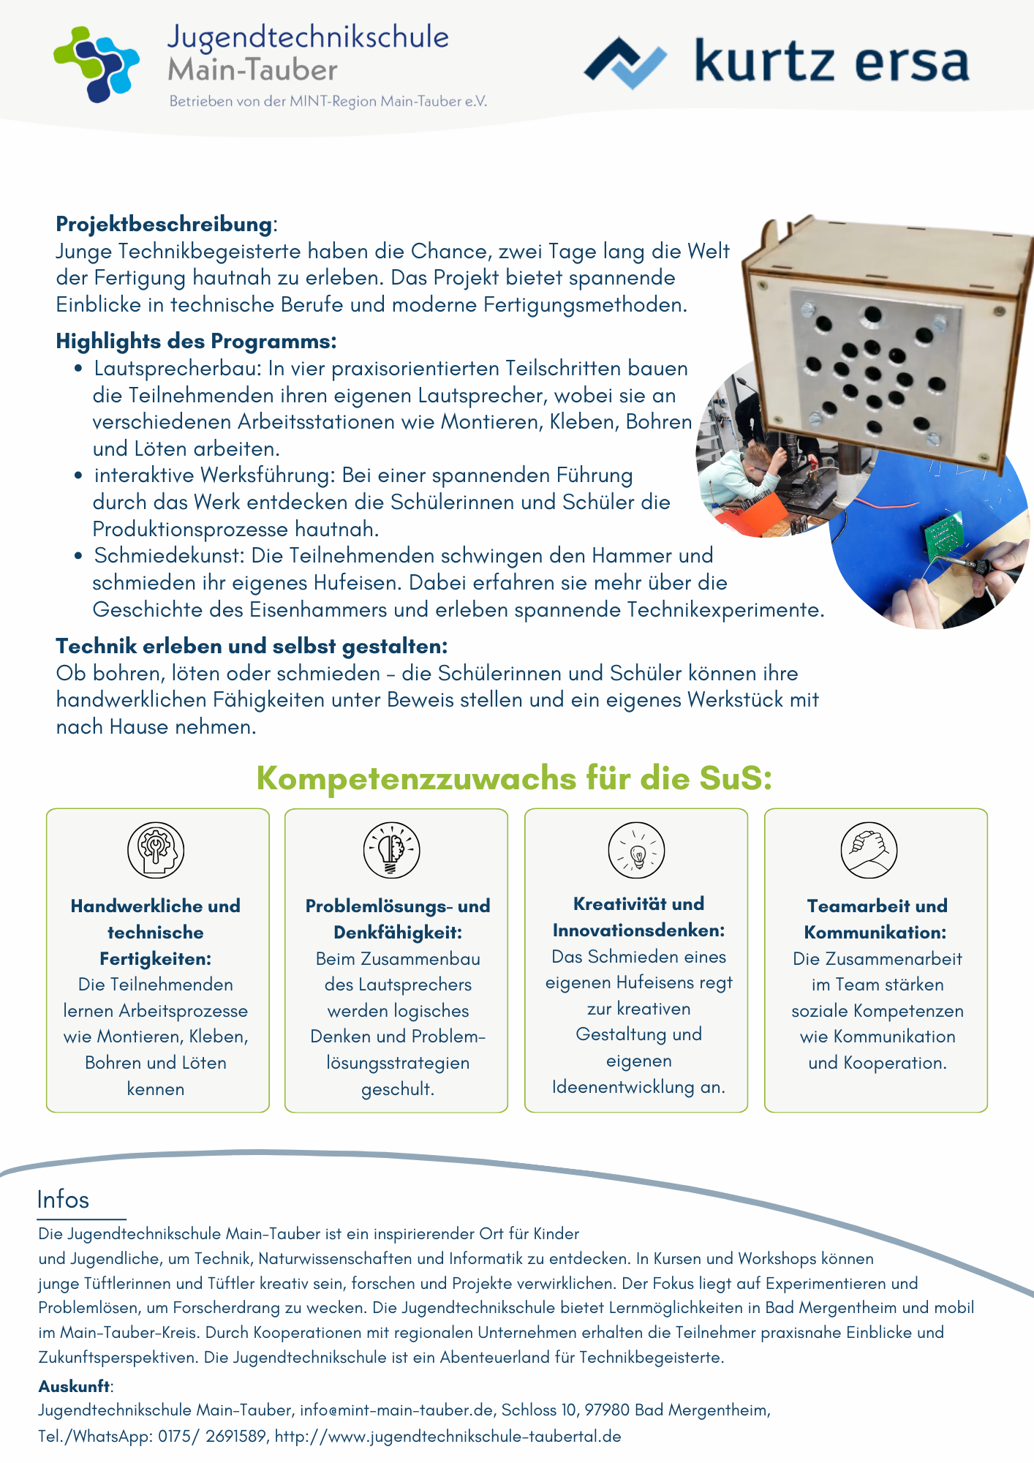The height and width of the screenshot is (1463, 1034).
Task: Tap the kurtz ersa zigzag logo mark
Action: coord(625,63)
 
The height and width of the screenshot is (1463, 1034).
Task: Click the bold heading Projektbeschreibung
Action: coord(164,224)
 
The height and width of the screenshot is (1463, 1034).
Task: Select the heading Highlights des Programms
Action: coord(196,341)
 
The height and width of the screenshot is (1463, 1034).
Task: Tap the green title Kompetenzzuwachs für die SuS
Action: coord(514,778)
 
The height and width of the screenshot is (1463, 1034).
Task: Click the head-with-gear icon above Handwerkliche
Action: coord(156,850)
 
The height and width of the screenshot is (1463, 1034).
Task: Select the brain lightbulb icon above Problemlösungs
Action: coord(392,850)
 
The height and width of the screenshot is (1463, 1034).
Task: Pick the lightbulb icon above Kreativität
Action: coord(637,850)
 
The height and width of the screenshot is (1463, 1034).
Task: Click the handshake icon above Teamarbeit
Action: coord(869,850)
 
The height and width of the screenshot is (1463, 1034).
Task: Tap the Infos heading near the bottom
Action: coord(63,1200)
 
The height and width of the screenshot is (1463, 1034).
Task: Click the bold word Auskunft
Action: coord(75,1386)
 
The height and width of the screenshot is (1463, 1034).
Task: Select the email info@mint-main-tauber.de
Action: coord(396,1410)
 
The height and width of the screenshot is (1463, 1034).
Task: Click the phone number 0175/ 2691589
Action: coord(212,1436)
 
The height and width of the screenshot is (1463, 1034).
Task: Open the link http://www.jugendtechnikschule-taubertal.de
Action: coord(448,1436)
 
